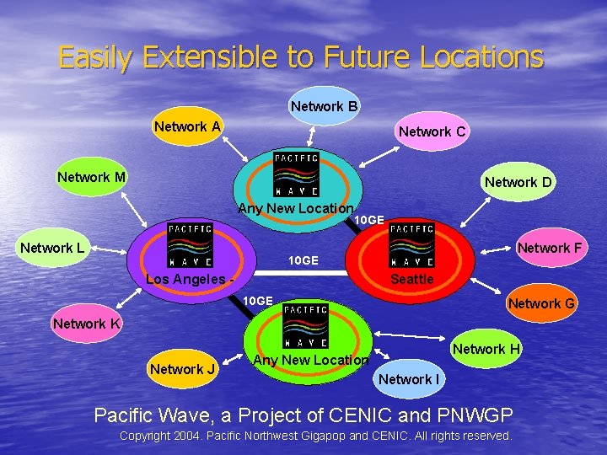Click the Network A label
[x=187, y=127]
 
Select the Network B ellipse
[x=325, y=106]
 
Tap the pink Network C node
[x=432, y=131]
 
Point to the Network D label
[x=518, y=182]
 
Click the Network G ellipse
[x=541, y=303]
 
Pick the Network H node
[x=487, y=349]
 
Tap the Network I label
[x=409, y=379]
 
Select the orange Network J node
[x=183, y=368]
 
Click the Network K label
[x=86, y=324]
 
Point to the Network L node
[x=52, y=248]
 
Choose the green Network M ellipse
[x=92, y=177]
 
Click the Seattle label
[x=412, y=279]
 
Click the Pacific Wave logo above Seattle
[x=412, y=244]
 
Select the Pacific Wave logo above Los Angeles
[x=191, y=244]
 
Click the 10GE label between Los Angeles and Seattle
[x=303, y=261]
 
